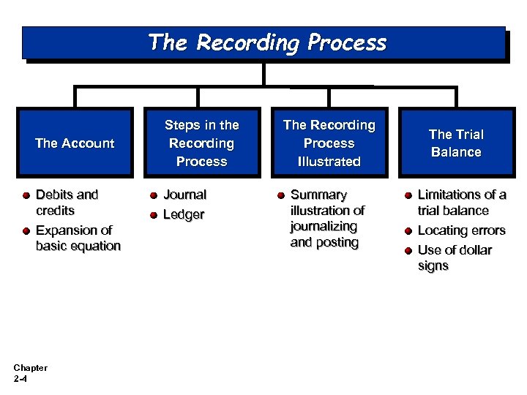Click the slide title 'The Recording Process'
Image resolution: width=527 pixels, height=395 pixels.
click(267, 42)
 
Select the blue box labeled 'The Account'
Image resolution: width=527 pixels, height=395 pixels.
click(75, 143)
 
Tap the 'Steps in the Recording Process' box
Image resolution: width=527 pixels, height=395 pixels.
click(202, 143)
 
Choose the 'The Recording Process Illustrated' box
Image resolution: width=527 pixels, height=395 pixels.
click(329, 143)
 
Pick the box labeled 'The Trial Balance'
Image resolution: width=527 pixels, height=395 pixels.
click(455, 143)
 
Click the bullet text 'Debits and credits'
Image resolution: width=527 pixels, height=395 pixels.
click(67, 203)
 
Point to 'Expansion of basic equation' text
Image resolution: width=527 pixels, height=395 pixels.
click(78, 238)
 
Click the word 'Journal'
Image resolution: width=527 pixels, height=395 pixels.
click(184, 195)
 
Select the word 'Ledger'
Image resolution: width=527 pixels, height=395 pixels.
click(183, 215)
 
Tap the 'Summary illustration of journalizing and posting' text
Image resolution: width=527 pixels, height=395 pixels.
click(327, 219)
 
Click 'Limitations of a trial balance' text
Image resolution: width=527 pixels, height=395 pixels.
click(461, 203)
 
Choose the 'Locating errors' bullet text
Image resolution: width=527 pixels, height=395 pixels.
click(461, 230)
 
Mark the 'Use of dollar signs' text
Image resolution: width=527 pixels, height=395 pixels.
click(454, 257)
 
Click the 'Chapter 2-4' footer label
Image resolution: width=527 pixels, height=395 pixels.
click(30, 373)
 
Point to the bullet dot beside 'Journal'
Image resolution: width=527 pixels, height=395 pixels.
click(154, 195)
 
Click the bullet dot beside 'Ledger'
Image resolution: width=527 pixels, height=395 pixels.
click(154, 215)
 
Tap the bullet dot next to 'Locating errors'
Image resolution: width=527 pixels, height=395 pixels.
click(408, 231)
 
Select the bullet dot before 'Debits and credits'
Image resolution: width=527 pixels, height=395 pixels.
click(26, 195)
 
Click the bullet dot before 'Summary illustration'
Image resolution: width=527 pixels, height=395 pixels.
click(280, 195)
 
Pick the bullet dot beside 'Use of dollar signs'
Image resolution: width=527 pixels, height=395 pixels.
click(408, 251)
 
